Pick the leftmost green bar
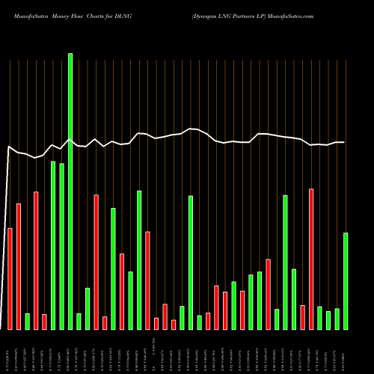coord(27,321)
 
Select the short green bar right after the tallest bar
coord(79,321)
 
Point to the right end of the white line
coord(344,142)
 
